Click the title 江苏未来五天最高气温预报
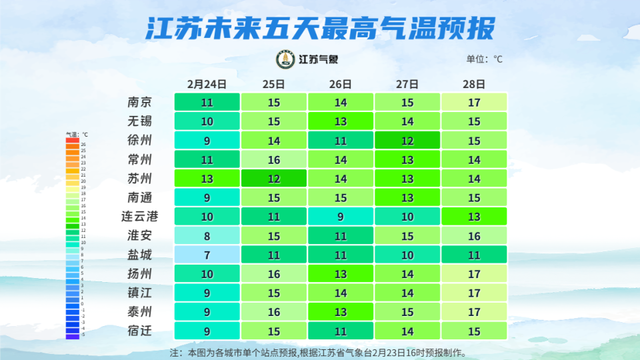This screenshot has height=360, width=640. tap(320, 28)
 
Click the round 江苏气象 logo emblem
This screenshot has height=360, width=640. tap(285, 59)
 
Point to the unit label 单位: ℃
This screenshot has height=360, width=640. tap(484, 59)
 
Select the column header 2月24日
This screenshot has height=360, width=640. tap(207, 84)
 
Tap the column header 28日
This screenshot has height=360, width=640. tap(473, 84)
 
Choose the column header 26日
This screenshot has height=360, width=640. tap(340, 84)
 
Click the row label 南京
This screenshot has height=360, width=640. tap(140, 102)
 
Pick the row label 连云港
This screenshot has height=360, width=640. tap(140, 217)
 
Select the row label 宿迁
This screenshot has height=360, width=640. tap(140, 331)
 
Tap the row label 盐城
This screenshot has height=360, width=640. tap(140, 255)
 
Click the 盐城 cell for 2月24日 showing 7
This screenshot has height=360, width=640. tap(207, 255)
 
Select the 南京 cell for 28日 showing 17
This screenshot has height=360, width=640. tap(474, 102)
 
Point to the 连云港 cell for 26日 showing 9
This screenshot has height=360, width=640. tap(341, 217)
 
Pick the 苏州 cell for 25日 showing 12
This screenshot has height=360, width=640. tap(274, 179)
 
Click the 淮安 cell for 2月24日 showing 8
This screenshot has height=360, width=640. tap(207, 235)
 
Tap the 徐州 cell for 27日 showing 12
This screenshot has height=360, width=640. tap(407, 141)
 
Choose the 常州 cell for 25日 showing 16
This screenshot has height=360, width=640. tap(274, 159)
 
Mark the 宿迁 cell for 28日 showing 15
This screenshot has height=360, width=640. tap(474, 331)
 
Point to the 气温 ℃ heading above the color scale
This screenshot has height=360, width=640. tap(77, 134)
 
